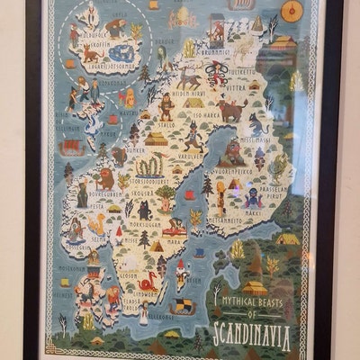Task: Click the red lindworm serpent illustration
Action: pos(148,280)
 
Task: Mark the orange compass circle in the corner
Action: pos(292,11)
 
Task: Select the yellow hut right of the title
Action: pos(287,238)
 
